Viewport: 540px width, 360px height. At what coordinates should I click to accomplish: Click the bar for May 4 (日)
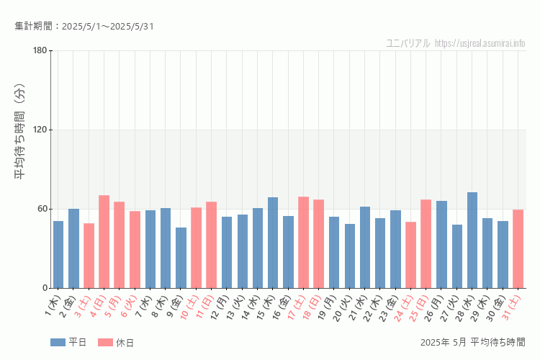[x=104, y=242]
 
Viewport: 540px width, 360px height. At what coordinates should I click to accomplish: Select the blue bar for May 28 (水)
[x=472, y=240]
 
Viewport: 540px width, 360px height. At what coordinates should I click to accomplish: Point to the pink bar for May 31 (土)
[x=518, y=249]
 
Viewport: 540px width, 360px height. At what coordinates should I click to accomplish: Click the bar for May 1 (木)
[x=58, y=255]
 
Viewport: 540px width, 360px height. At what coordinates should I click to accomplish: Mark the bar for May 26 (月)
[x=441, y=245]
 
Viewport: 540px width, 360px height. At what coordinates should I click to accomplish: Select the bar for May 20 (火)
[x=349, y=256]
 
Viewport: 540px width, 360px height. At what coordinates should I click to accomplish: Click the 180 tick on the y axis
[x=40, y=50]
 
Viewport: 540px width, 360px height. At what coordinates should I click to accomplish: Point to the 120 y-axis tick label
[x=40, y=130]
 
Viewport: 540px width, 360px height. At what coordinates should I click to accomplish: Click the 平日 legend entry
[x=69, y=343]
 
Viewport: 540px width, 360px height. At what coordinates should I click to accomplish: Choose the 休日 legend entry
[x=116, y=343]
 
